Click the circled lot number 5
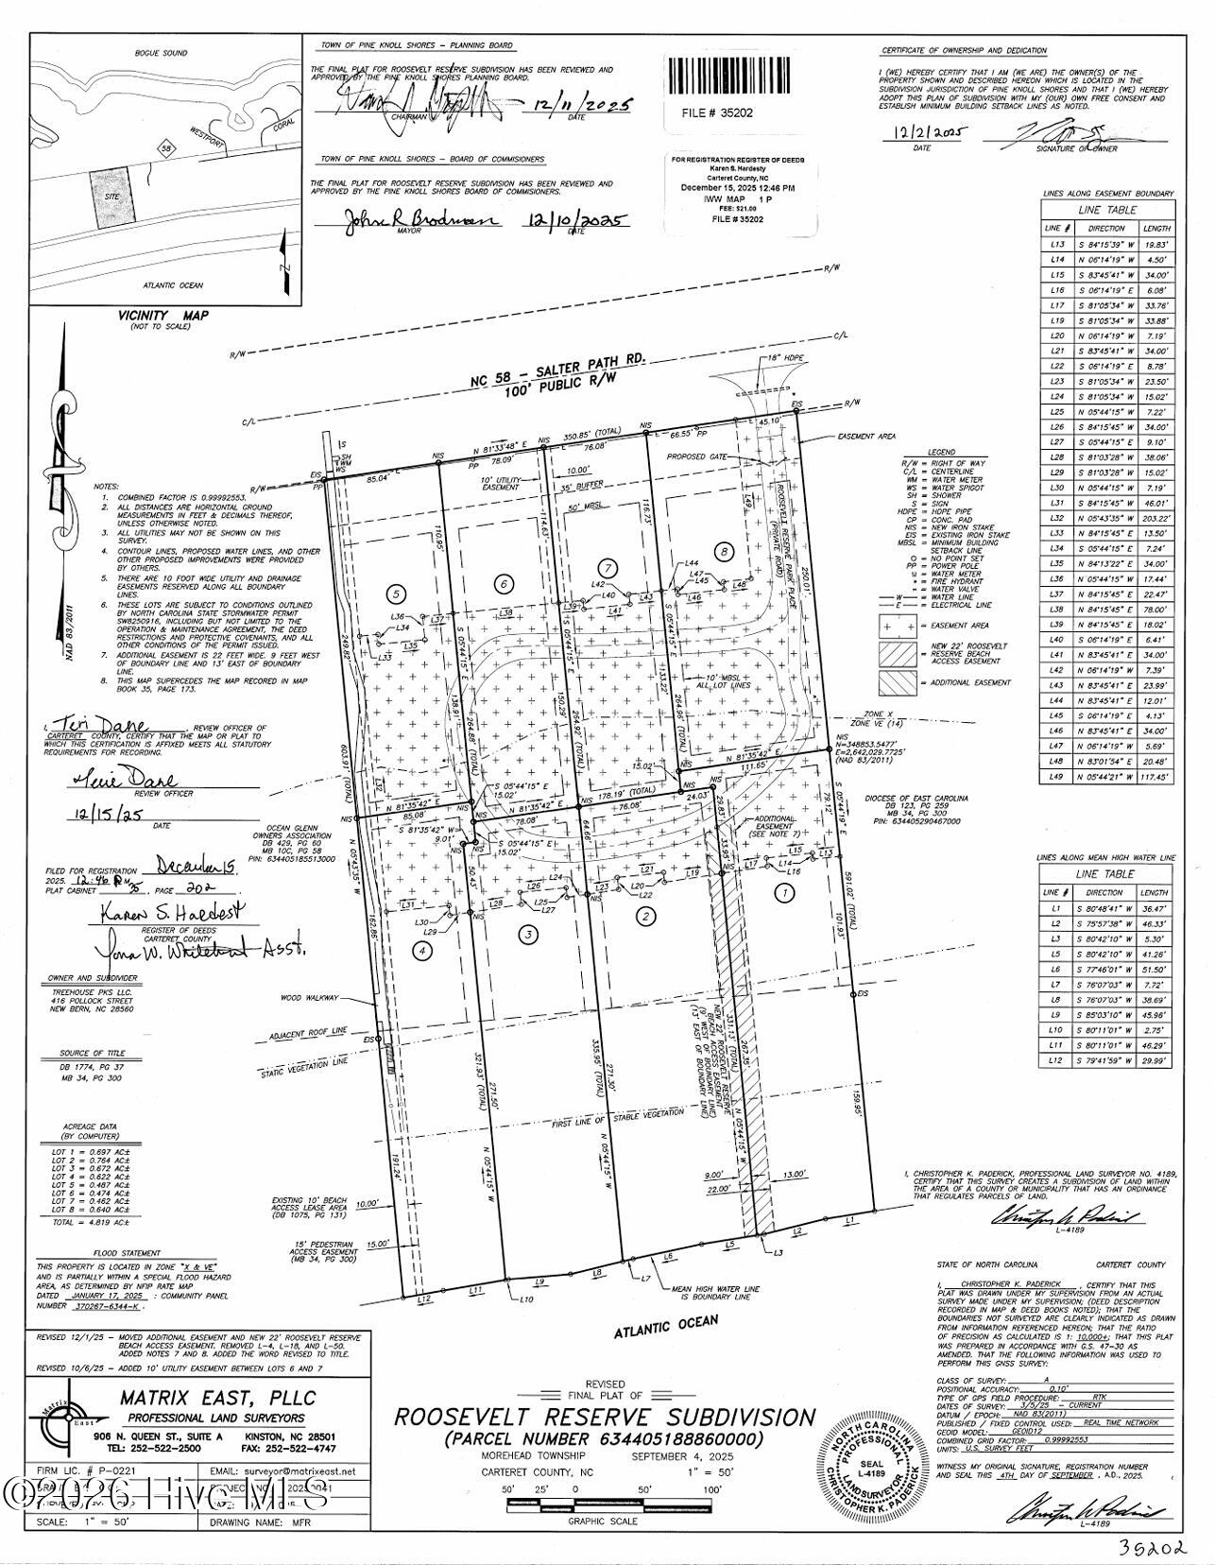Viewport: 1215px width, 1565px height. click(x=398, y=593)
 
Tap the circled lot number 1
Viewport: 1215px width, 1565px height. click(x=783, y=890)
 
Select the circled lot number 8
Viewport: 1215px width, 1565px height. click(x=725, y=550)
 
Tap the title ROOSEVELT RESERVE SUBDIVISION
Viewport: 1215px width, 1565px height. click(x=605, y=1418)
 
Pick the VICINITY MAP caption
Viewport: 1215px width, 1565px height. click(x=163, y=316)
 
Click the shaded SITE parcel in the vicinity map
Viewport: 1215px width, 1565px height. click(x=113, y=198)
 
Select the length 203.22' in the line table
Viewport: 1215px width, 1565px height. click(x=1155, y=518)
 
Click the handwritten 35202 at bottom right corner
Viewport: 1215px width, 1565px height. click(x=1152, y=1550)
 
